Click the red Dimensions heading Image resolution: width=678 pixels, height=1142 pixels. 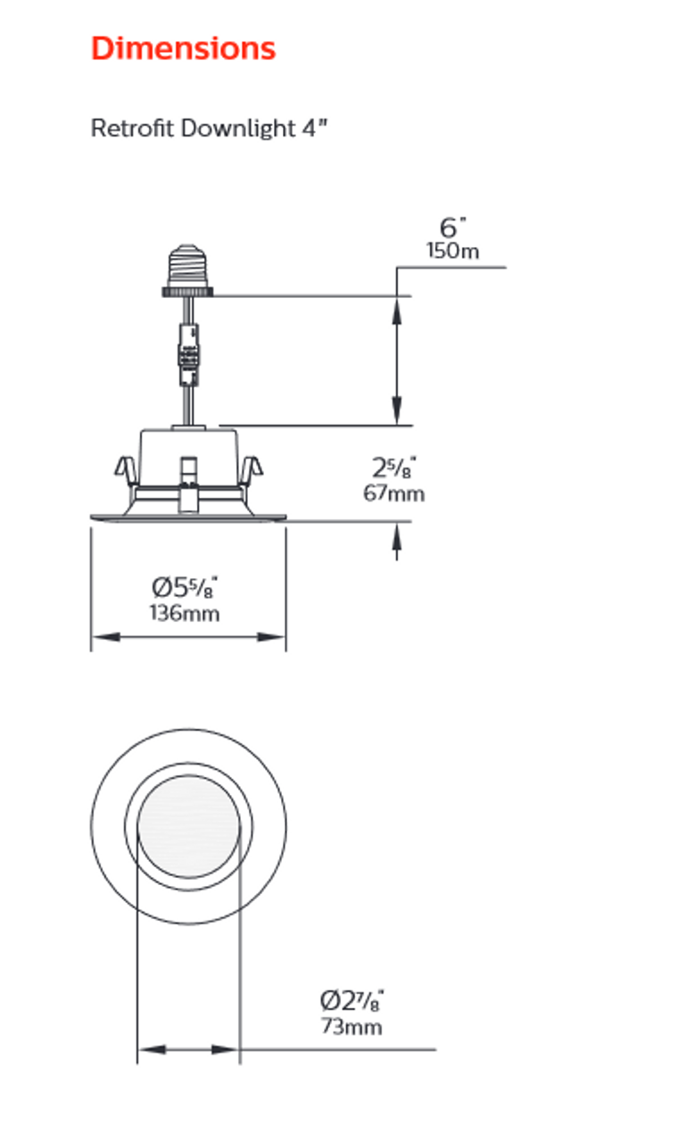tap(183, 48)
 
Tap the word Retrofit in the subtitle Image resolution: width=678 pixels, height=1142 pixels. tap(132, 128)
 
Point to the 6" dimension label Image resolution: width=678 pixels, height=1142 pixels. tap(454, 228)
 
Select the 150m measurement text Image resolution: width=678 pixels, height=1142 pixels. tap(452, 251)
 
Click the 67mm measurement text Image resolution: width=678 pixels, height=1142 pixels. tap(393, 492)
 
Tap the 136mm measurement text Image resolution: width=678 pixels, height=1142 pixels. tap(185, 613)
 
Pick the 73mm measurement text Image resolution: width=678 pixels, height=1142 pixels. tap(351, 1026)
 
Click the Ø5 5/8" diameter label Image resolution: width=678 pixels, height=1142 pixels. tap(185, 588)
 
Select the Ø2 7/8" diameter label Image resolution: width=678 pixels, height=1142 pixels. tap(352, 999)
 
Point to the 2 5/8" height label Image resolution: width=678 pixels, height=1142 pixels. tap(394, 467)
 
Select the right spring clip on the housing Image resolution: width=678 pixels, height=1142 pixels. tap(252, 469)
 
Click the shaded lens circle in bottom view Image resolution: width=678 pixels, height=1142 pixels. tap(188, 827)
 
